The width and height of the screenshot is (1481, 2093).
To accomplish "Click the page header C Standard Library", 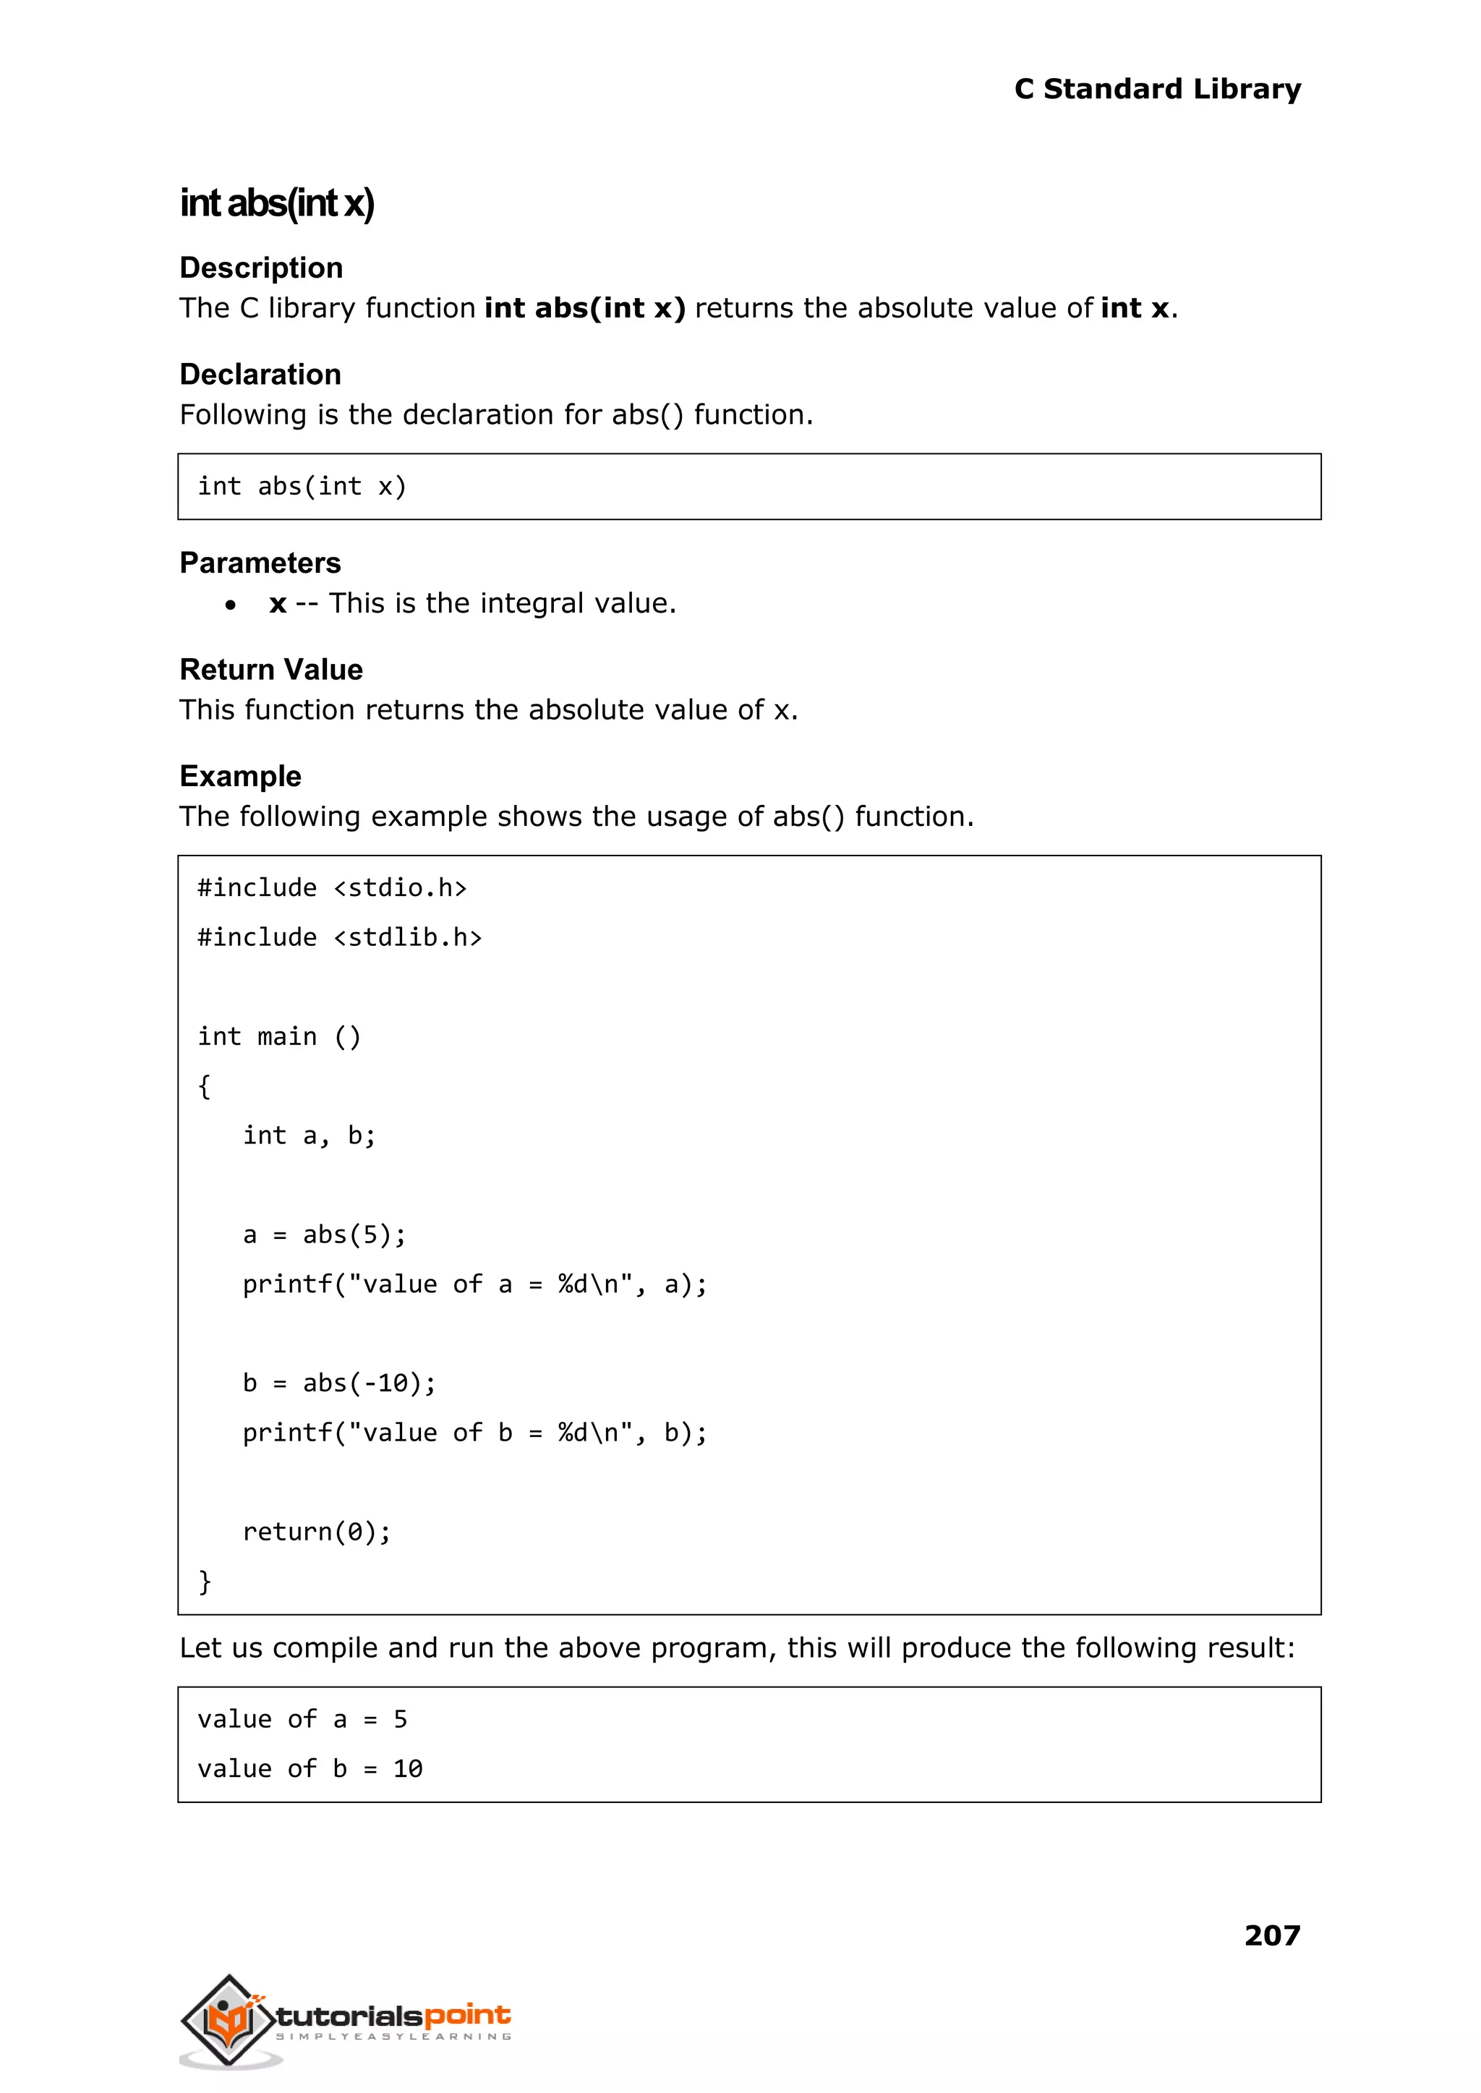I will coord(1156,90).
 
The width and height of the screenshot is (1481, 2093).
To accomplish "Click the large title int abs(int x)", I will coord(276,203).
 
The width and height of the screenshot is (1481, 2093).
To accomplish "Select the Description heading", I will coord(261,268).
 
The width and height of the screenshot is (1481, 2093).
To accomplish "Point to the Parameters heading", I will coord(260,563).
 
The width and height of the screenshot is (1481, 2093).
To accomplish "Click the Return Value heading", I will coord(271,670).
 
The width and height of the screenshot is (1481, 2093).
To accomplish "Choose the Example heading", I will coord(240,777).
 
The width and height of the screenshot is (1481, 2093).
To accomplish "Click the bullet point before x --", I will coord(231,605).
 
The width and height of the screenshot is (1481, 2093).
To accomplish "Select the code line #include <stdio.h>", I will coord(332,888).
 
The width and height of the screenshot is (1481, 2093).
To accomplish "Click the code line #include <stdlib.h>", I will coord(339,937).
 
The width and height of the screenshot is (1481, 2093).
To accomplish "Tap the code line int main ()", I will coord(279,1037).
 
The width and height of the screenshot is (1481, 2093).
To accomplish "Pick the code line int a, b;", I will coord(310,1135).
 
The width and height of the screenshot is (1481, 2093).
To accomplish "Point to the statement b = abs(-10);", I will coord(339,1384).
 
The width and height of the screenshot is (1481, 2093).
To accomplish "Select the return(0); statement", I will coord(317,1532).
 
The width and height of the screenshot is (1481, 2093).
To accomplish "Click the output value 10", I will coord(408,1769).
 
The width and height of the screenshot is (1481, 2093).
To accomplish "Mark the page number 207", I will coord(1271,1935).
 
